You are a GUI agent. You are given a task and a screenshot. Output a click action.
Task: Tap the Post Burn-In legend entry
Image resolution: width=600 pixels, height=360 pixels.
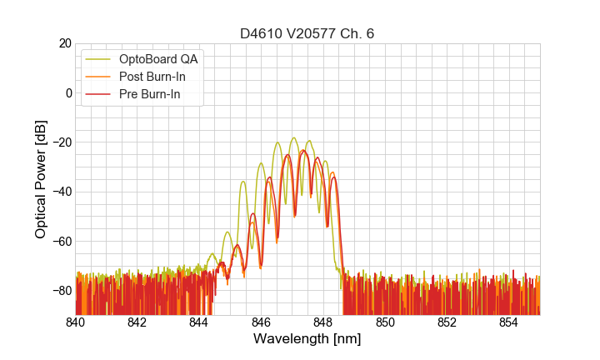[155, 77]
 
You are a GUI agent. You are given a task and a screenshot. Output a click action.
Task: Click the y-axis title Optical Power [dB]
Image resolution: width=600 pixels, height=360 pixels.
[41, 179]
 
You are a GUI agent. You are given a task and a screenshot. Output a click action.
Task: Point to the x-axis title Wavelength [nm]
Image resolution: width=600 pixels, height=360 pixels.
[307, 339]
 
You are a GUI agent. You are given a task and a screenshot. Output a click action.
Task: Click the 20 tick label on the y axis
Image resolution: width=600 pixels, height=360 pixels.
[63, 43]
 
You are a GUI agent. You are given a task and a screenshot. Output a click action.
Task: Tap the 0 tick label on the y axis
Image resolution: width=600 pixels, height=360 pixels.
[67, 92]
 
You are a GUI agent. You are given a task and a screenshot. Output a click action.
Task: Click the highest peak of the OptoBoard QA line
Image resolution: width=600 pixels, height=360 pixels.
[293, 138]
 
